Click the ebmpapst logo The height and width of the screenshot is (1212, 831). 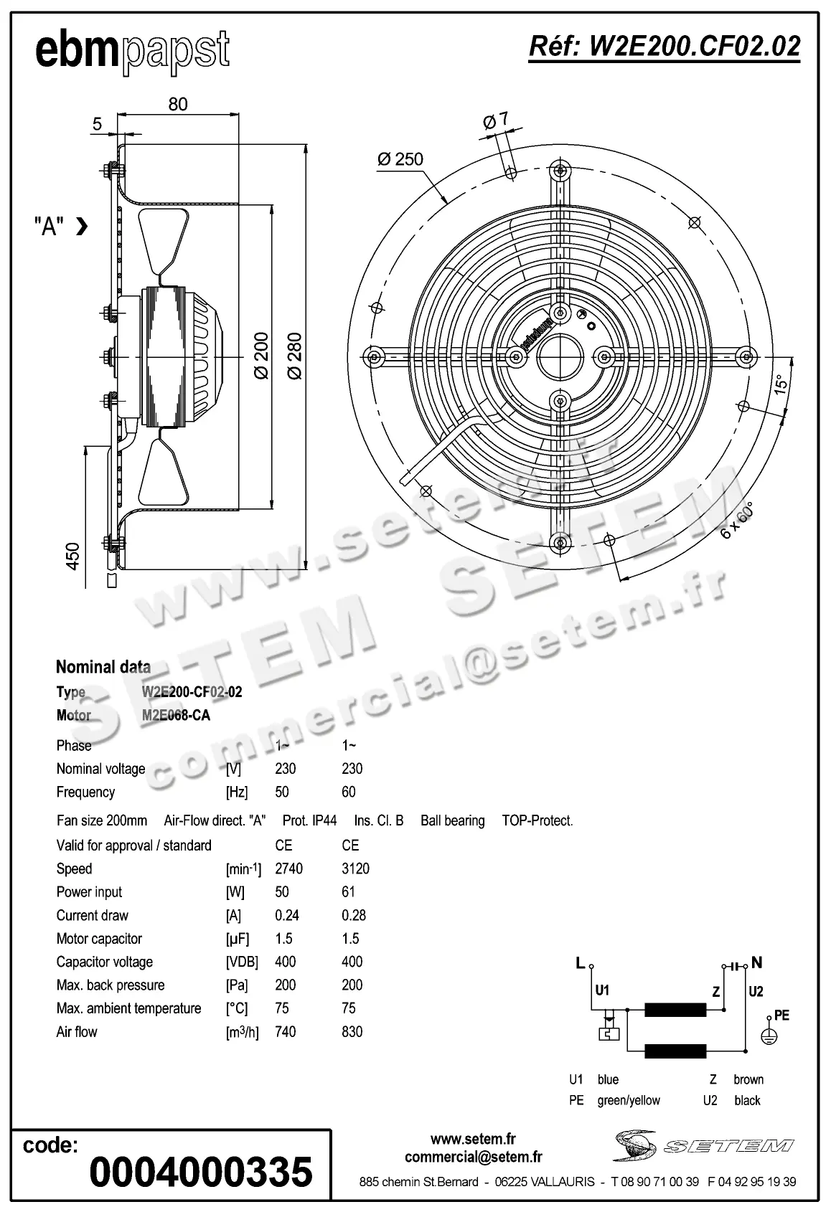coord(132,52)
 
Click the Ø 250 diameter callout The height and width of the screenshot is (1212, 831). coord(400,158)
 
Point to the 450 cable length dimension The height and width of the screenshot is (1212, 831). coord(73,556)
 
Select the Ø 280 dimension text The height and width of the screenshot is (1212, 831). coord(295,355)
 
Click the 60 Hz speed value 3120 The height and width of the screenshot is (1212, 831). coord(355,868)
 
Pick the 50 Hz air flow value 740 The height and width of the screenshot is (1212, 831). coord(285,1031)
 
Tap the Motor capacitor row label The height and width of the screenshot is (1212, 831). coord(99,938)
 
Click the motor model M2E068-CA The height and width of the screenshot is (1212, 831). coord(176,715)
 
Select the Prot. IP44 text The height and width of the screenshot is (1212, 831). coord(309,820)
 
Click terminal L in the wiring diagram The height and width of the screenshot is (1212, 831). coord(581,963)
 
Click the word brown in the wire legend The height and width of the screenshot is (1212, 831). coord(748,1079)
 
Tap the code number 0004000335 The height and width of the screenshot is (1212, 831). coord(201,1172)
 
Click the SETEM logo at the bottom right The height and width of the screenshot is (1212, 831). coord(703,1145)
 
